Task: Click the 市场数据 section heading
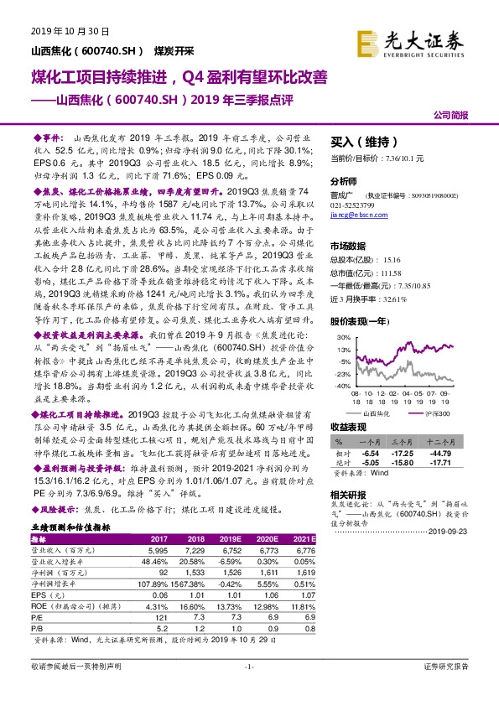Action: [351, 245]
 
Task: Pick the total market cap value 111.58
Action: [403, 273]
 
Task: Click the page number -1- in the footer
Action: [249, 666]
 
